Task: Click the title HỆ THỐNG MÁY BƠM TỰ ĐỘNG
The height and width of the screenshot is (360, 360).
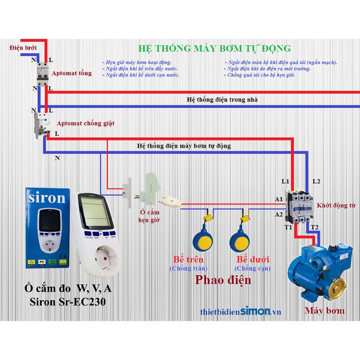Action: click(214, 48)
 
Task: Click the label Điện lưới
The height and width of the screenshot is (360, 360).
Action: click(23, 47)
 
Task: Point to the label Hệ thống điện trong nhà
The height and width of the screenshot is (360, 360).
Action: click(222, 99)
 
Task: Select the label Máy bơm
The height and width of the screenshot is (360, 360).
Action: click(324, 311)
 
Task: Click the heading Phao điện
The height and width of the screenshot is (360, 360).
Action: click(223, 280)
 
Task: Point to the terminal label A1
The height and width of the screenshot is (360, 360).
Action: click(279, 199)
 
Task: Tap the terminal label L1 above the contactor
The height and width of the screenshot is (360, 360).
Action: click(285, 182)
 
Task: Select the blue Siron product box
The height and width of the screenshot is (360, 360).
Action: click(47, 228)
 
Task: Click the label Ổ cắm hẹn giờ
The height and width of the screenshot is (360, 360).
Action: click(150, 216)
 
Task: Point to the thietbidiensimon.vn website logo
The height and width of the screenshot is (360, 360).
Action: click(240, 311)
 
